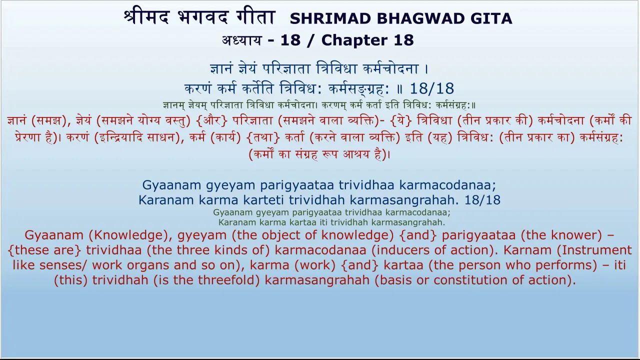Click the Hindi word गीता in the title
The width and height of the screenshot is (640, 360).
pyautogui.click(x=255, y=16)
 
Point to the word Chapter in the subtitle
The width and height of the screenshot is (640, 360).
pyautogui.click(x=354, y=40)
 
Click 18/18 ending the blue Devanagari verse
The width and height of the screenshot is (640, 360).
pyautogui.click(x=431, y=88)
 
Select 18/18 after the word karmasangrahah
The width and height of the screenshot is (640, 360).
pyautogui.click(x=482, y=200)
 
